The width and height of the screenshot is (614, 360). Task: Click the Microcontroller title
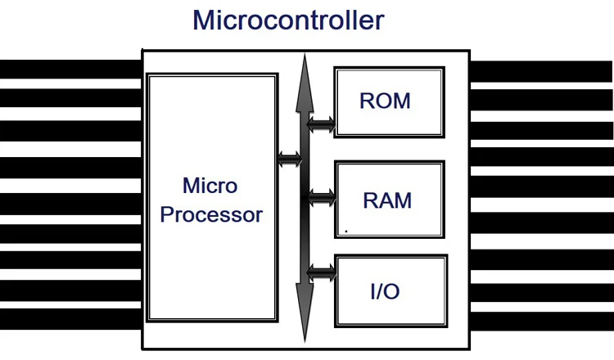coord(288,20)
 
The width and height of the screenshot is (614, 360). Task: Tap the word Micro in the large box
coord(210,186)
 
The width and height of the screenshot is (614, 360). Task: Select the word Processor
coord(211,215)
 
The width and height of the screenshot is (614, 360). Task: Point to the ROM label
coord(385,102)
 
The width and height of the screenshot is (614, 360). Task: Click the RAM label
coord(387,200)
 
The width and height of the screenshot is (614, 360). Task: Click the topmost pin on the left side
coord(70,69)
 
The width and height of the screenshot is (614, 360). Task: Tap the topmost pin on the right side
coord(542,70)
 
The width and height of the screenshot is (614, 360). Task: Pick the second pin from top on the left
coord(70,97)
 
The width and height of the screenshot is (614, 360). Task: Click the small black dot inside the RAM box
coord(346,232)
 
